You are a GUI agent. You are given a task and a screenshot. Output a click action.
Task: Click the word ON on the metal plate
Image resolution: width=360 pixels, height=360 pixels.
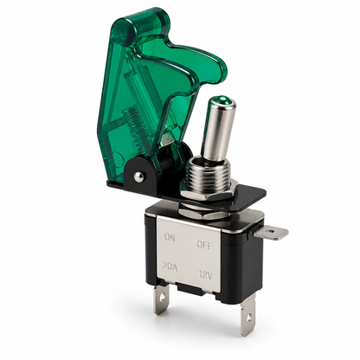click(x=170, y=237)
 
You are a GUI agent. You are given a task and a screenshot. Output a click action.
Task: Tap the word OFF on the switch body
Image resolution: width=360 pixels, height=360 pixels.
click(x=204, y=245)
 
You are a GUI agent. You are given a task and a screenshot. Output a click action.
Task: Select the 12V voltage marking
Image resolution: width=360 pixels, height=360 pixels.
click(x=206, y=275)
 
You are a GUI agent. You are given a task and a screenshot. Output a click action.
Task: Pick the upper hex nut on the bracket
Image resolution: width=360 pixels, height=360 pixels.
click(x=208, y=194)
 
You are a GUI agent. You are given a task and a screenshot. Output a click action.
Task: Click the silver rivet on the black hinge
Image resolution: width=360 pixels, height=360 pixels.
click(x=140, y=176)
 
